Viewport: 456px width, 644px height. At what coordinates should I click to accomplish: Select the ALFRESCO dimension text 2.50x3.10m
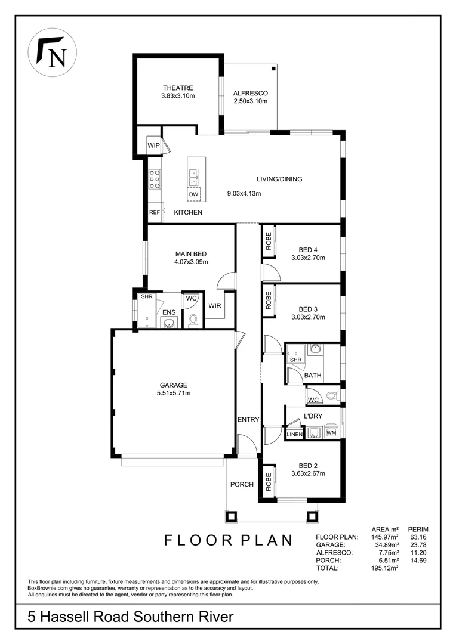tap(250, 101)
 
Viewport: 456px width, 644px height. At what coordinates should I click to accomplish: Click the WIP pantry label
tap(153, 145)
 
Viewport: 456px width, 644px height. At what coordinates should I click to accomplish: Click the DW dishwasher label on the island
tap(193, 195)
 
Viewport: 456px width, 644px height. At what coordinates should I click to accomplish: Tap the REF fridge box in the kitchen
tap(154, 212)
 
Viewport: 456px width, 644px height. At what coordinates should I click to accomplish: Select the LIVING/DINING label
tap(279, 179)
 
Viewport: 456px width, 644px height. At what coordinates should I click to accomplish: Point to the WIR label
tap(215, 306)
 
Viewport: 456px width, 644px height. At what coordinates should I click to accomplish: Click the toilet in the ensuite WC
tap(192, 321)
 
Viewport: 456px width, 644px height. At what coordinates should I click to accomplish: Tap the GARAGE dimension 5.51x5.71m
tap(173, 393)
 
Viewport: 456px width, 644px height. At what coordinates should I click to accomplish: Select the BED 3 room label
tap(307, 309)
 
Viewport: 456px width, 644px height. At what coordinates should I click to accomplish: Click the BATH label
tap(313, 376)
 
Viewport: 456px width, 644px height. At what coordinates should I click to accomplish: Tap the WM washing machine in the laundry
tap(331, 432)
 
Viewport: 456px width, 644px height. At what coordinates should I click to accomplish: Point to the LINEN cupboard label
tap(295, 435)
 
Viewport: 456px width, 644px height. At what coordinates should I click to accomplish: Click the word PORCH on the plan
tap(242, 484)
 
